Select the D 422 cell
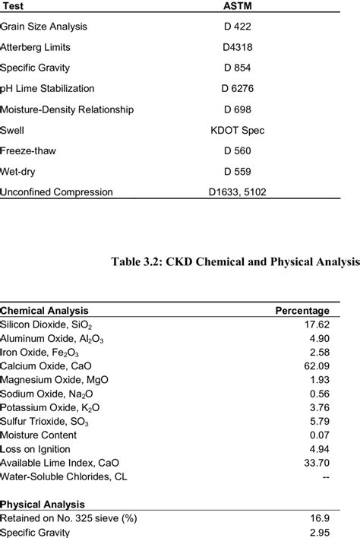click(x=237, y=27)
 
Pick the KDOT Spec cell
click(x=237, y=131)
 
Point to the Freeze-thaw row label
click(x=28, y=151)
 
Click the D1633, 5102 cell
click(x=237, y=192)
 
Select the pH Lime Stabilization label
click(x=47, y=89)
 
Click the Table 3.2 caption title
click(x=235, y=262)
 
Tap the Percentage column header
click(x=302, y=310)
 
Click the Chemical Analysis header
click(x=44, y=310)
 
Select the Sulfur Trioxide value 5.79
click(x=317, y=422)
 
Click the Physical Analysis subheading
click(x=42, y=504)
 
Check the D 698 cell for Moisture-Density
click(x=237, y=109)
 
